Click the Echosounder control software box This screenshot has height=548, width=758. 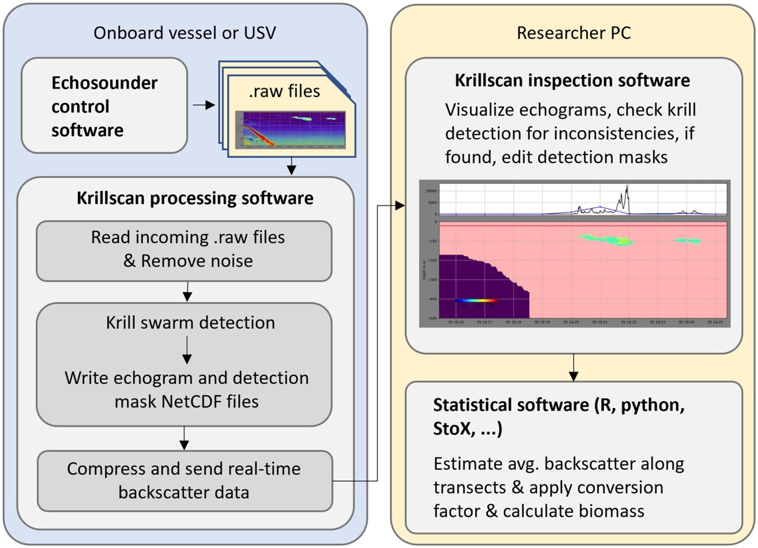click(104, 106)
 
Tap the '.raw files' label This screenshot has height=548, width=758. click(284, 91)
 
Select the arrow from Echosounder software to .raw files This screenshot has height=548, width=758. click(204, 105)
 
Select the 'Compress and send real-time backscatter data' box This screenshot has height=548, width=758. click(185, 481)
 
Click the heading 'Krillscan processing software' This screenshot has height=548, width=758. click(195, 198)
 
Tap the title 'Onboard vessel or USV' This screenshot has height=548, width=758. click(185, 33)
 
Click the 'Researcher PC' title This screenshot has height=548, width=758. click(573, 33)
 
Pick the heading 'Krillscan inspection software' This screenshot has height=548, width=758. click(572, 81)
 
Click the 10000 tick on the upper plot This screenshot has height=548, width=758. click(431, 191)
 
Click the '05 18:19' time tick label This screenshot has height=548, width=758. click(542, 322)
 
